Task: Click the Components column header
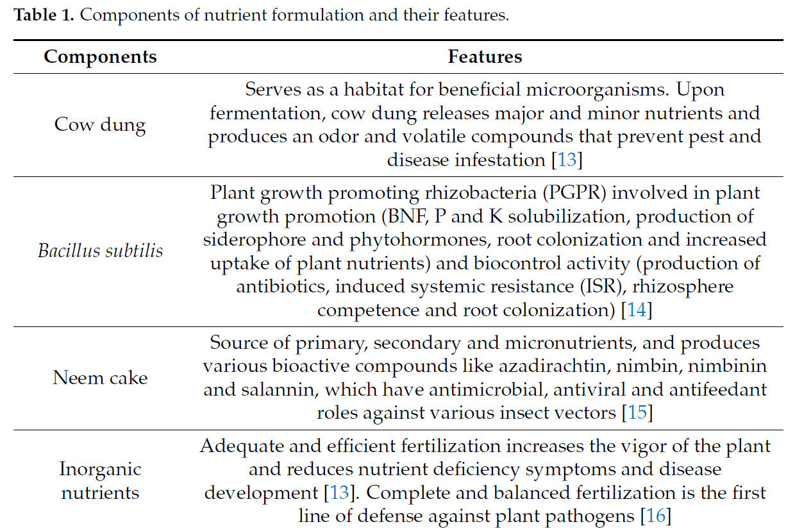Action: click(100, 56)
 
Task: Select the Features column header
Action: click(485, 56)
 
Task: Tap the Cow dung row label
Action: click(100, 124)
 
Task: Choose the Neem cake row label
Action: click(100, 377)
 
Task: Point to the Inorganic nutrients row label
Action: click(100, 480)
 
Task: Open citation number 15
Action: click(637, 412)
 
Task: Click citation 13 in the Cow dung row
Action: click(567, 159)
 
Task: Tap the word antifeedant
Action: click(710, 389)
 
